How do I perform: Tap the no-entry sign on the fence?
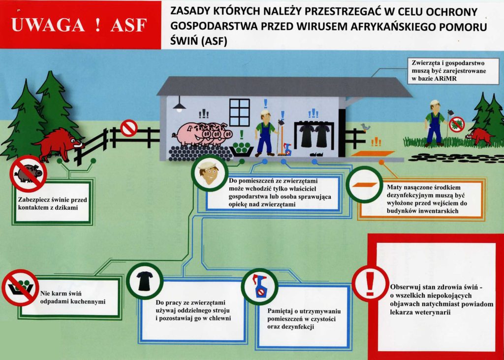pos(129,128)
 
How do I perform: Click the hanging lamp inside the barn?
pos(179,105)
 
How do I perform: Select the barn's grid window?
pos(240,112)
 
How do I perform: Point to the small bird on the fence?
pos(365,127)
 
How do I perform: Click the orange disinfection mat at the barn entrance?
pos(373,154)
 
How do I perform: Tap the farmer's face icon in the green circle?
pos(209,173)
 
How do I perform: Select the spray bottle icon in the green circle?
pos(259,286)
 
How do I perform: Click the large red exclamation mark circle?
pos(370,284)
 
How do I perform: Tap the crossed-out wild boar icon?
pos(28,174)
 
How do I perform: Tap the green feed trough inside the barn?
pos(242,149)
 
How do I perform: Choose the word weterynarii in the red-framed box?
pos(423,312)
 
